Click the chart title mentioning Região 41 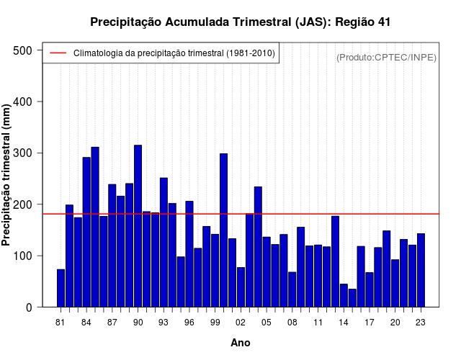point(241,22)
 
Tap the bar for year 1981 point(61,288)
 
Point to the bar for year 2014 point(344,296)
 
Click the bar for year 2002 point(241,287)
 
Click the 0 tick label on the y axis point(30,307)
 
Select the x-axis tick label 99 point(215,323)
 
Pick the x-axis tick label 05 point(267,323)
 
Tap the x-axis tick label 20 point(395,323)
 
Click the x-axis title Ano point(241,343)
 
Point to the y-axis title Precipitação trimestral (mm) point(7,174)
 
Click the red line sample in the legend point(57,53)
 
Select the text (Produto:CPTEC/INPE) point(386,57)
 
